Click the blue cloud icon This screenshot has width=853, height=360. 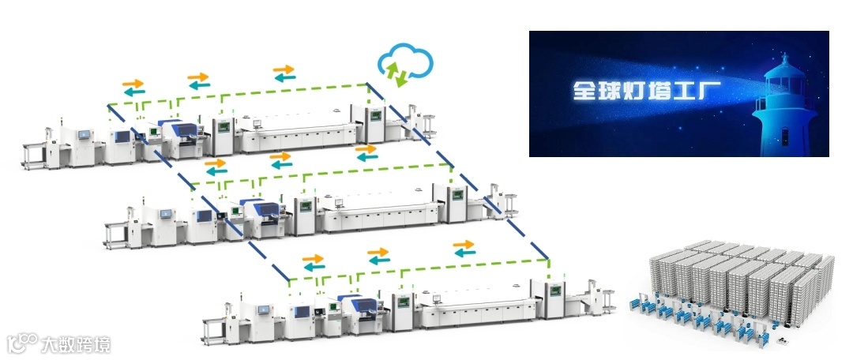(x=405, y=63)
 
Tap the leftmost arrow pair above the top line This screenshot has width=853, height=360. (x=133, y=86)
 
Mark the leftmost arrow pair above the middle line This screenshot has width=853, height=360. (x=215, y=167)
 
